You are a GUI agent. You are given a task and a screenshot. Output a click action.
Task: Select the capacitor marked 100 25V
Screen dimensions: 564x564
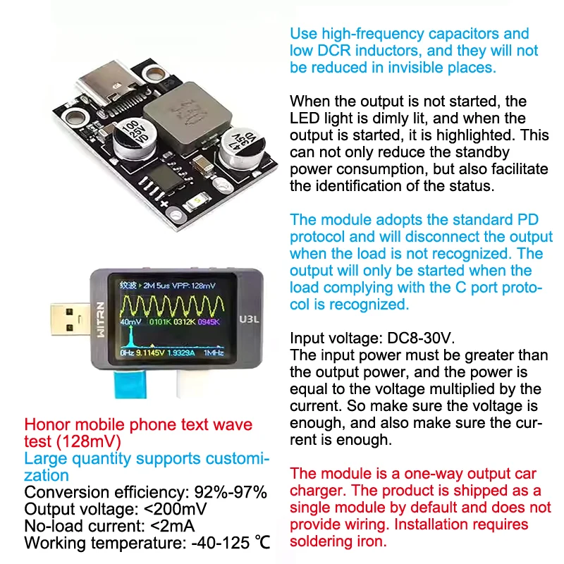135,138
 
